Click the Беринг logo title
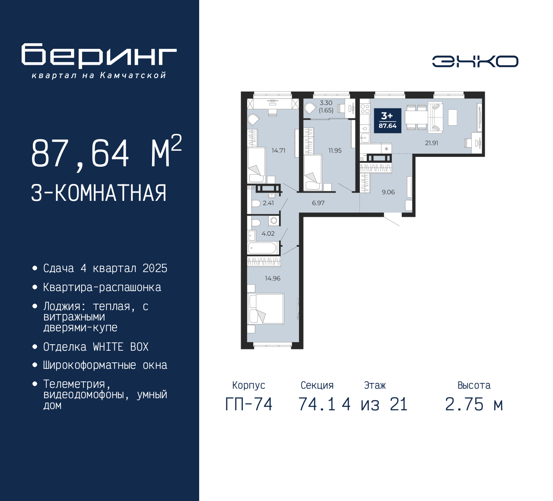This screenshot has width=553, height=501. (x=99, y=56)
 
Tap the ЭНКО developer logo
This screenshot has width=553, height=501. (x=475, y=61)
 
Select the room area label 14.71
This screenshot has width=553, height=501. (x=278, y=151)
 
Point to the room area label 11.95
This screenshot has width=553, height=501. (x=335, y=151)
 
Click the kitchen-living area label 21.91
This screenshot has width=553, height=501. (x=432, y=143)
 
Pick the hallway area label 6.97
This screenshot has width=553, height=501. (x=318, y=203)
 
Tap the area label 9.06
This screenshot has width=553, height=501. (x=388, y=192)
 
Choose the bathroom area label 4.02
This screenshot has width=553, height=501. (x=268, y=234)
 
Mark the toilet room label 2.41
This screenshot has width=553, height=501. (x=268, y=203)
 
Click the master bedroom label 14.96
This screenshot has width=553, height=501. (x=273, y=279)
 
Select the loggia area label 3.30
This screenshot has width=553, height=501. (x=326, y=103)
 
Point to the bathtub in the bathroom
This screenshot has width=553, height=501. (x=262, y=248)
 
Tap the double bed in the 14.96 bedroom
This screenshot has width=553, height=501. (x=265, y=308)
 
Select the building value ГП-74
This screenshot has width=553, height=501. (x=249, y=405)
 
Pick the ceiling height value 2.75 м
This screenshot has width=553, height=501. (x=474, y=405)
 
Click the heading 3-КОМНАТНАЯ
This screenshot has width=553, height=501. (x=99, y=193)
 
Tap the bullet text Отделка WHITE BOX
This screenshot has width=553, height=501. (x=96, y=347)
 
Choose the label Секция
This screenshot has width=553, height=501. (x=317, y=385)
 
